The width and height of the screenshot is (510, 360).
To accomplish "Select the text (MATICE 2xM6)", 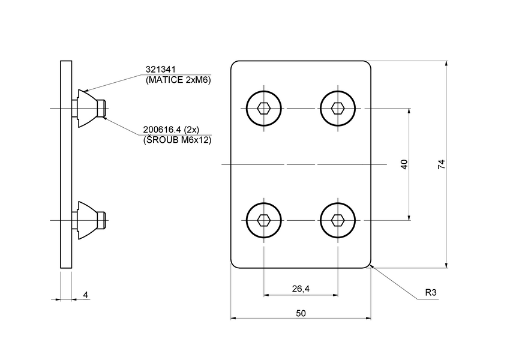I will coord(179,80).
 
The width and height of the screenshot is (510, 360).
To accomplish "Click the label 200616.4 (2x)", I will coord(171,130).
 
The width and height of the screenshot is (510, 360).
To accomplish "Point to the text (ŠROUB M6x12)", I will coord(177,140).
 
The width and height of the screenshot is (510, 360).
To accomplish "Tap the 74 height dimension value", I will coord(441,164).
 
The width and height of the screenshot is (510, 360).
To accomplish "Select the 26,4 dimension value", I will coord(301,289).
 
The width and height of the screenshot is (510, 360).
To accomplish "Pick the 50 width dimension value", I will coord(301,313).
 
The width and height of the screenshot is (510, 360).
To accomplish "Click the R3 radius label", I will coord(430,293).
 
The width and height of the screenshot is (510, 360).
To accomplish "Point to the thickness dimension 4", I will coord(86,295).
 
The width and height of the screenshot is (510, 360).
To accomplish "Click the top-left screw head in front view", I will coord(263,109).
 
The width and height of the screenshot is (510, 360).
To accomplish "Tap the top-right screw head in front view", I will coord(338,109).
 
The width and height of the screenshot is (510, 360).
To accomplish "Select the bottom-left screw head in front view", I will coord(263,220).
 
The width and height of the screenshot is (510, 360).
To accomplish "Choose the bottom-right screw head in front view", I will coord(338,220).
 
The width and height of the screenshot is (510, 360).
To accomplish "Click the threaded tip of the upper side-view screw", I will coord(103,109).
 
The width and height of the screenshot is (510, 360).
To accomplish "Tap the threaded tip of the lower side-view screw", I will coord(103,220).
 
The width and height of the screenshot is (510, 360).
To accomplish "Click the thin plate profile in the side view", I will coord(66,164).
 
